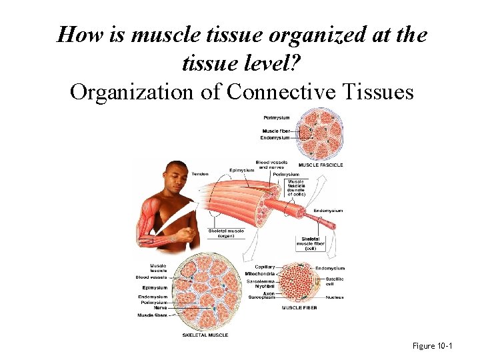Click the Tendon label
(200, 174)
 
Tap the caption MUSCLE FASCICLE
(321, 165)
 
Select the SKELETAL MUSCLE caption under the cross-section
(205, 335)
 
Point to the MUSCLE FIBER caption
(299, 307)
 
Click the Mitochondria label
(260, 274)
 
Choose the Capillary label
(265, 267)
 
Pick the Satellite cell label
(333, 281)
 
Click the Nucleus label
(335, 297)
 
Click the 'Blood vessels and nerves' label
(267, 164)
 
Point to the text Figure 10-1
(433, 346)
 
